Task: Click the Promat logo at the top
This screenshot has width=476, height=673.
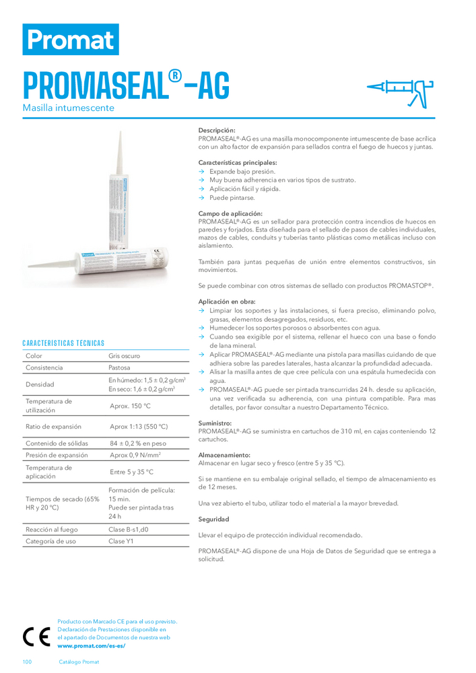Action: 71,39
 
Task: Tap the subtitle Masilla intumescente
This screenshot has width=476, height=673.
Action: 68,108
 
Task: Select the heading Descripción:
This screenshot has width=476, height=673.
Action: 217,131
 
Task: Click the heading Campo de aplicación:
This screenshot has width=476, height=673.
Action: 230,213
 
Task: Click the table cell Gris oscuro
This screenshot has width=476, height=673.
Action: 125,355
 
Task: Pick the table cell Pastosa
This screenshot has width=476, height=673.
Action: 119,368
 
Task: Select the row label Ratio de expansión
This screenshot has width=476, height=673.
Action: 53,427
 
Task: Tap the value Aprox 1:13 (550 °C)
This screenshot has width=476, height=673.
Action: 139,427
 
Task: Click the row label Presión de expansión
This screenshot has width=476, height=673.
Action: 57,454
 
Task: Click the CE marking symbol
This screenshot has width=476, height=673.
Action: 35,636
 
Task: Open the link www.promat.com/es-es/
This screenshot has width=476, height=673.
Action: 92,645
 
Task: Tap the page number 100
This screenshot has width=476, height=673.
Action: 27,662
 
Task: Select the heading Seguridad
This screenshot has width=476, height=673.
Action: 213,519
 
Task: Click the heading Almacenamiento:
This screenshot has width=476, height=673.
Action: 224,455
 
